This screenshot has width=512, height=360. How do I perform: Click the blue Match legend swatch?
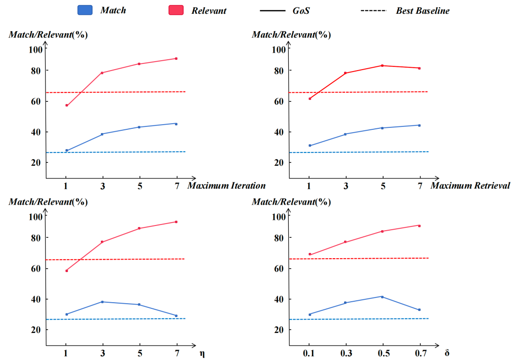(x=85, y=10)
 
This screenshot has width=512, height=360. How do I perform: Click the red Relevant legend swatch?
(x=176, y=10)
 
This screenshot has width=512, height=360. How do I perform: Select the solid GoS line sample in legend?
(x=273, y=11)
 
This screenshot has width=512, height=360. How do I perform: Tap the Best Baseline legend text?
(x=422, y=11)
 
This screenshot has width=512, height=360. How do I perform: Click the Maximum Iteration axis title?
(x=226, y=186)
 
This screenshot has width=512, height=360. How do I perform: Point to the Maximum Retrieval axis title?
(x=470, y=186)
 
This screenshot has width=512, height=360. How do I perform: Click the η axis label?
(x=202, y=354)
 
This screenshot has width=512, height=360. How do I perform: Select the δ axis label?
(x=447, y=353)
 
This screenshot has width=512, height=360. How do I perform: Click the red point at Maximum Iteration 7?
(x=176, y=59)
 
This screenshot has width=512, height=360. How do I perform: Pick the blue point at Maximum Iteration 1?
(x=67, y=151)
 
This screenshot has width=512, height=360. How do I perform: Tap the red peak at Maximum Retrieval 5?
(x=383, y=65)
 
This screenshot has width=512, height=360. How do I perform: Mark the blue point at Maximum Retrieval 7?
(x=419, y=126)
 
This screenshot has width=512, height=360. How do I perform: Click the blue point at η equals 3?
(x=102, y=302)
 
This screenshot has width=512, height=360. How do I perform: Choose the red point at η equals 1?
(x=67, y=270)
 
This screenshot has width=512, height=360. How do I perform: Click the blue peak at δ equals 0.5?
(x=383, y=297)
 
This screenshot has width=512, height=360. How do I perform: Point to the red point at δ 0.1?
(x=310, y=254)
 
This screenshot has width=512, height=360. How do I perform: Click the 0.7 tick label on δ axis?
(x=421, y=353)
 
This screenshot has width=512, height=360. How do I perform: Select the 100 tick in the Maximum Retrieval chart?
(x=279, y=50)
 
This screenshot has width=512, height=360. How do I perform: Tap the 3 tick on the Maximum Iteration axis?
(x=103, y=186)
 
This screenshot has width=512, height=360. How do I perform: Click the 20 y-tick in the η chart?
(x=36, y=330)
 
